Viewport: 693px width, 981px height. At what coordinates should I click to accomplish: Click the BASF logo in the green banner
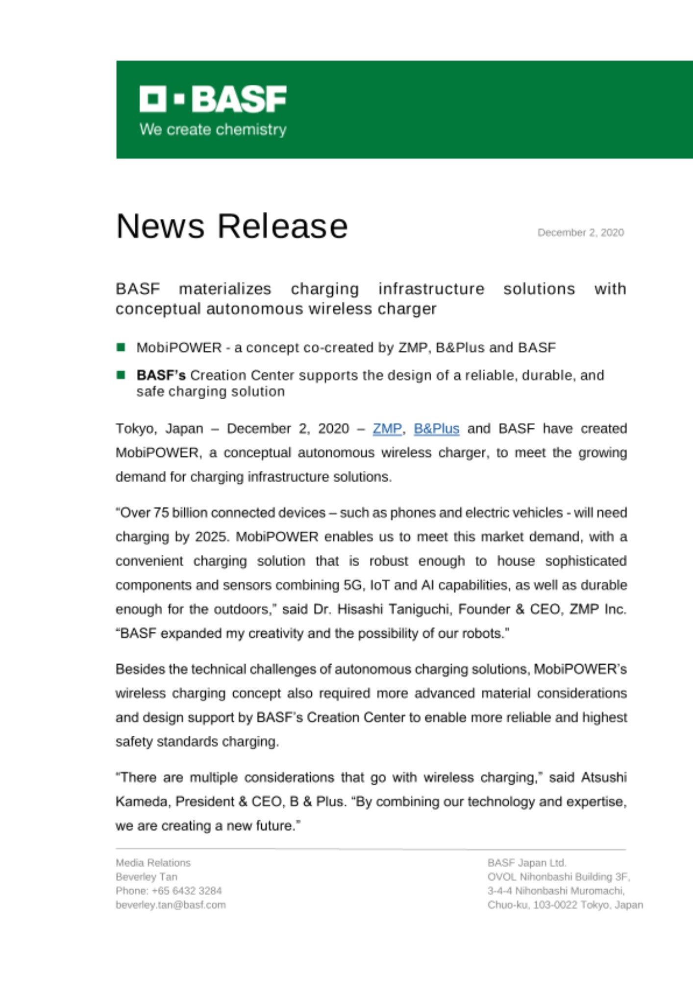coord(213,99)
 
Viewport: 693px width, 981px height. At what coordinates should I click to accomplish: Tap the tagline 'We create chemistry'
coord(213,129)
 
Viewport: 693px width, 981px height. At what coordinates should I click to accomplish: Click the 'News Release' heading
coord(232,226)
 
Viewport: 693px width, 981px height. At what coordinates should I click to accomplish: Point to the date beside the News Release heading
coord(580,232)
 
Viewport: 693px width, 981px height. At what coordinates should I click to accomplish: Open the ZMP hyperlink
coord(387,429)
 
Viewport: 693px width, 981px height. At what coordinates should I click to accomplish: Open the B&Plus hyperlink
coord(436,429)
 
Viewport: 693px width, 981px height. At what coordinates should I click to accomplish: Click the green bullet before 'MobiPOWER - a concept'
coord(121,347)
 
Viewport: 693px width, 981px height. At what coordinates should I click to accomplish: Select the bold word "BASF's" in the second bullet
coord(161,375)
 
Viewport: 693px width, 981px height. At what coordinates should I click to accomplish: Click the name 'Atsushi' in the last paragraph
coord(603,777)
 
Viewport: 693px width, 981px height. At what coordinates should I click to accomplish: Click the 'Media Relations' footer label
coord(153,863)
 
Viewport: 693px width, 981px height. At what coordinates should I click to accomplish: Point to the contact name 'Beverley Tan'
coord(147,877)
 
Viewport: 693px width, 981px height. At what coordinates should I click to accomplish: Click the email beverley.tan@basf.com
coord(171,905)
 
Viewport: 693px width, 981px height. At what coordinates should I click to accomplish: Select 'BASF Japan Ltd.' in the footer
coord(526,863)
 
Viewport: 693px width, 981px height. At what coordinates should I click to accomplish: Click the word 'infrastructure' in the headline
coord(431,289)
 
